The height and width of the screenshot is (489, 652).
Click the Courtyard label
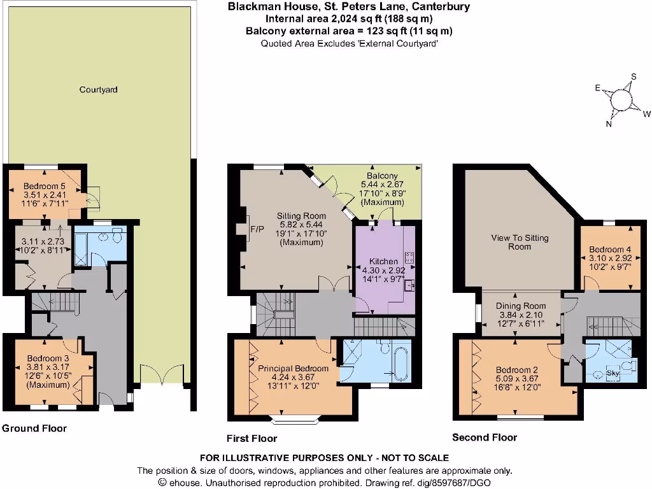[98, 90]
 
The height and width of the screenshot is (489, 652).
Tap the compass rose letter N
[609, 124]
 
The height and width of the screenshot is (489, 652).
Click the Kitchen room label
[384, 261]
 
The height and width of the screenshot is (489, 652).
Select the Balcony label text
[382, 176]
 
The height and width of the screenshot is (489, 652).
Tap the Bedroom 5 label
[45, 185]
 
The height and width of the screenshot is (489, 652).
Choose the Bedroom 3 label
[48, 358]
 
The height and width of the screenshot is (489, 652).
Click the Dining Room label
[521, 306]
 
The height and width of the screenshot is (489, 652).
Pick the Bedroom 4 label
[610, 249]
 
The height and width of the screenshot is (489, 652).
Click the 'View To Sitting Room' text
[520, 242]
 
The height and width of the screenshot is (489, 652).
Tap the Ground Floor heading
[34, 429]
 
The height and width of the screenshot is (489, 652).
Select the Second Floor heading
[484, 437]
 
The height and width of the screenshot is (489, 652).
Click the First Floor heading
[252, 438]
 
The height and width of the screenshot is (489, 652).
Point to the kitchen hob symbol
[409, 258]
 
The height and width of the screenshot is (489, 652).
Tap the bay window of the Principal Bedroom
[294, 419]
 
